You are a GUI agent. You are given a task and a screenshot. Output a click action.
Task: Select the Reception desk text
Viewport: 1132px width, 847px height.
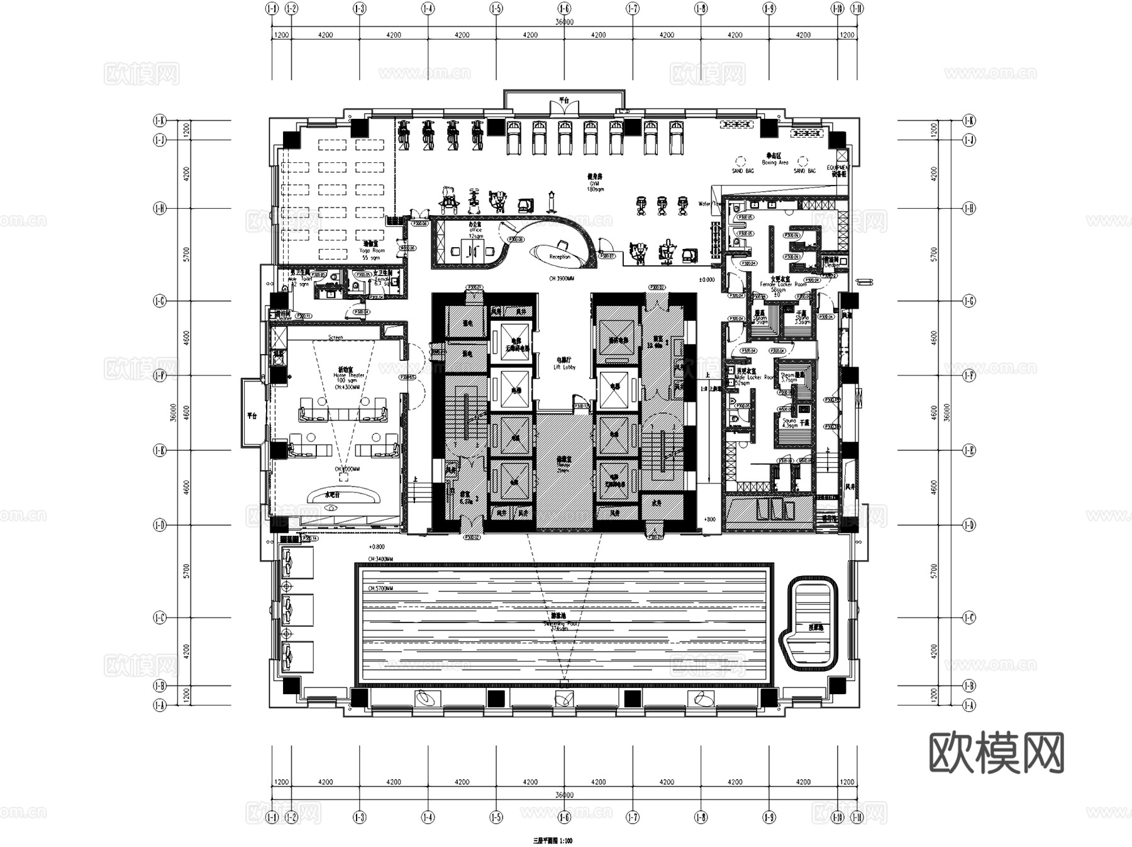coord(559,257)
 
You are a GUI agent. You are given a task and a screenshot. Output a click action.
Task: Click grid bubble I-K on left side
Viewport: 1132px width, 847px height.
coord(160,120)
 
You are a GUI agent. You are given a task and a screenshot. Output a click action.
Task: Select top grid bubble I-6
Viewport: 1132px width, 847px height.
coord(564,9)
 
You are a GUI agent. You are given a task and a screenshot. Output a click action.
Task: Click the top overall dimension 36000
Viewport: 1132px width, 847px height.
coord(564,22)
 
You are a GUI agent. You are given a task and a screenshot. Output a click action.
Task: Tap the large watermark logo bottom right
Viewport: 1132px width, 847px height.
coord(996,753)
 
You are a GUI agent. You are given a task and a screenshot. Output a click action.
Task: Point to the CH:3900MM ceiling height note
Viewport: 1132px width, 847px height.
coord(561,278)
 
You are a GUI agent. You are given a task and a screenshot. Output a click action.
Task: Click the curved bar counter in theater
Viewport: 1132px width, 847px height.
coord(343,495)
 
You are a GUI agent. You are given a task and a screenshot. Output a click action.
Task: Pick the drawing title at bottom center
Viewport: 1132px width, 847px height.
coord(553,840)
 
